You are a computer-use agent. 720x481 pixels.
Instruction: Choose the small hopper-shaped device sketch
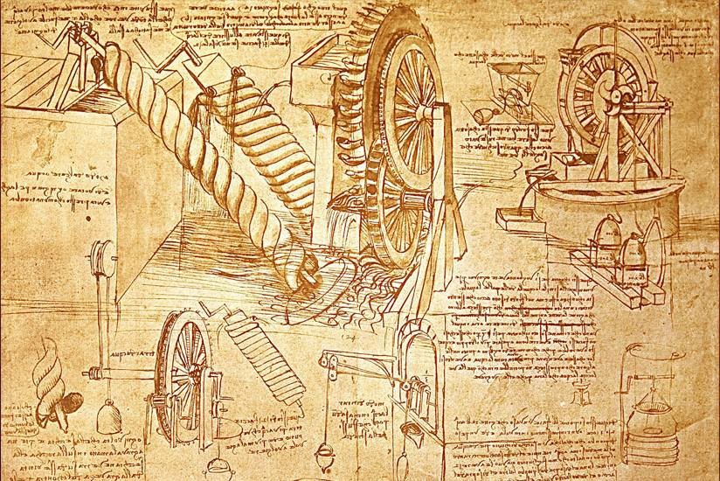click(506, 78)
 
